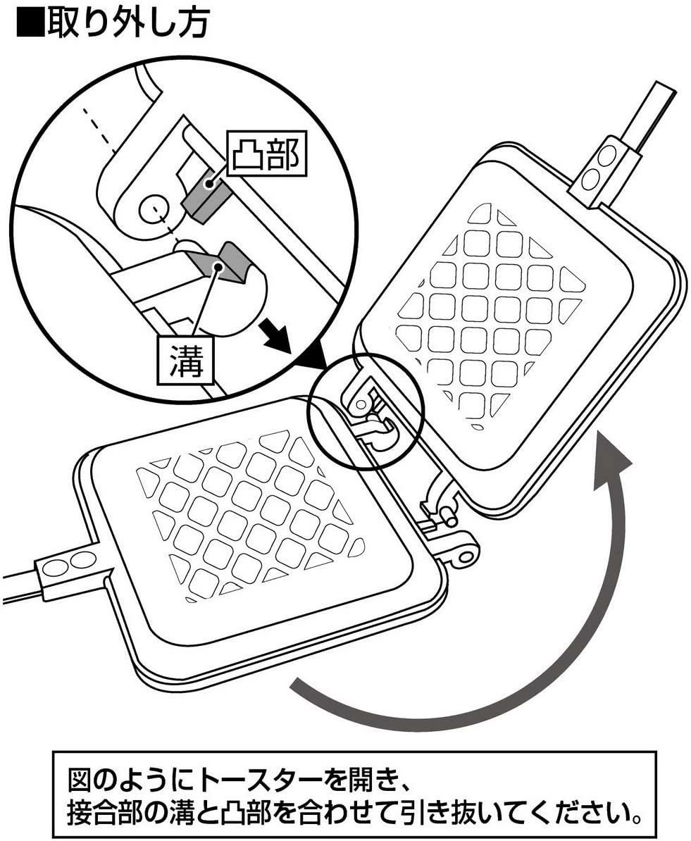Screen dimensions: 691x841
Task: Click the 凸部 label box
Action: pyautogui.click(x=267, y=153)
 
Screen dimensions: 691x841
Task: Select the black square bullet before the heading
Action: pyautogui.click(x=30, y=23)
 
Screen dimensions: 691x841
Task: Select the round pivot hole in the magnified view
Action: pyautogui.click(x=152, y=208)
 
